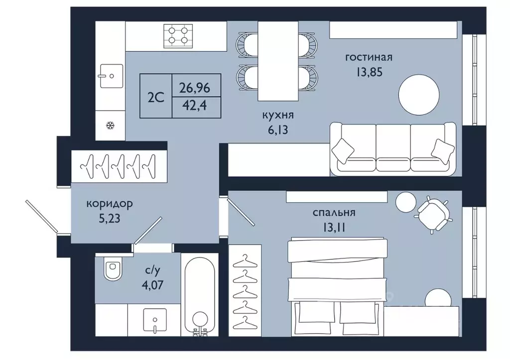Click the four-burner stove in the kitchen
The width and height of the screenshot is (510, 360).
pyautogui.click(x=178, y=35)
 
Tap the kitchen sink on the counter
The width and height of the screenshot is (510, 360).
pyautogui.click(x=111, y=76)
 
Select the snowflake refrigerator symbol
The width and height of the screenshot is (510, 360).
pyautogui.click(x=111, y=125)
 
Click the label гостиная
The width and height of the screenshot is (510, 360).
pyautogui.click(x=369, y=57)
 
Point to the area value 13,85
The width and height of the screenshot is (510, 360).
pyautogui.click(x=369, y=72)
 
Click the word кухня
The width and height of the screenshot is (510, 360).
pyautogui.click(x=278, y=115)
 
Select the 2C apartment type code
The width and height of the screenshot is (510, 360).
pyautogui.click(x=156, y=97)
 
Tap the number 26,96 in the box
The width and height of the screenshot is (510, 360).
pyautogui.click(x=195, y=88)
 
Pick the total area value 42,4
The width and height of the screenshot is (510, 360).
pyautogui.click(x=195, y=105)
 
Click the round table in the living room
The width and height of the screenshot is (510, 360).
pyautogui.click(x=419, y=95)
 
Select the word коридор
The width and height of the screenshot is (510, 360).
pyautogui.click(x=109, y=204)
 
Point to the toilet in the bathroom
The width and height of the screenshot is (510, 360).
pyautogui.click(x=113, y=268)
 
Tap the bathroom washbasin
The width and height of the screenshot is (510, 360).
pyautogui.click(x=155, y=320)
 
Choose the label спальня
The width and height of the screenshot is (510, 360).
pyautogui.click(x=334, y=213)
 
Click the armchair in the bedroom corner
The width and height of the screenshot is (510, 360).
pyautogui.click(x=433, y=215)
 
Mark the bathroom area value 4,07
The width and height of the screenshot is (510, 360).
pyautogui.click(x=152, y=285)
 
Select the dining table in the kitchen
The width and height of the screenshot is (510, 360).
pyautogui.click(x=278, y=61)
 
